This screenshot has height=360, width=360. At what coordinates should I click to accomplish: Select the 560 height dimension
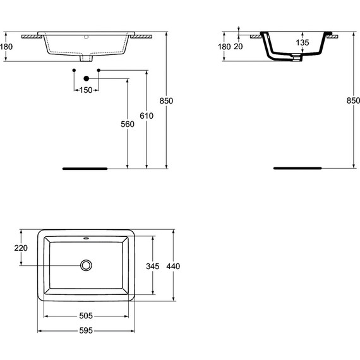[128, 124]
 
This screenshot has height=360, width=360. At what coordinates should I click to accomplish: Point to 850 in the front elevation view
[167, 100]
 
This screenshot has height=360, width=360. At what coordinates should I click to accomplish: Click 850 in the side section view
[353, 100]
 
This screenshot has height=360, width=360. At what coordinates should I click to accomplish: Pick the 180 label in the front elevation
[6, 46]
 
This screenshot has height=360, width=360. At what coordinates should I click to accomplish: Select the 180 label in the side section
[224, 46]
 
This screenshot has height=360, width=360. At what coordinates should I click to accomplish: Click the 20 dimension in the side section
[239, 46]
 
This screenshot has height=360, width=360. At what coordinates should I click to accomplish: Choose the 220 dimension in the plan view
[20, 248]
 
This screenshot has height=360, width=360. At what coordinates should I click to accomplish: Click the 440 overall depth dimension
[174, 265]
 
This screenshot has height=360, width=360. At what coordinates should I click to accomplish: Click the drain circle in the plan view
[86, 265]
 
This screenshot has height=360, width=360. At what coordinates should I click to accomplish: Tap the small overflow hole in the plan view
[86, 239]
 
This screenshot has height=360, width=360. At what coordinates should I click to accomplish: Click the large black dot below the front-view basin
[86, 79]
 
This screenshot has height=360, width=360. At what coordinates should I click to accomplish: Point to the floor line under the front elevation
[85, 169]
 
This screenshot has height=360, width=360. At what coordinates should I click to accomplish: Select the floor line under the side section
[298, 169]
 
